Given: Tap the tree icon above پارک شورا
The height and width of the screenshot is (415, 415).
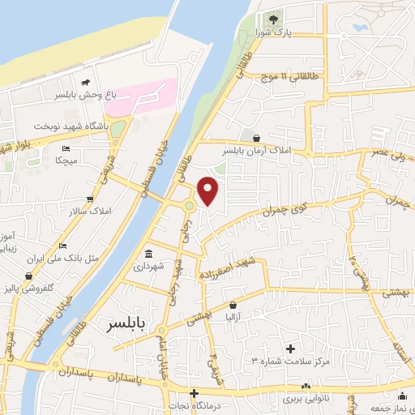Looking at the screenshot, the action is (x=273, y=18).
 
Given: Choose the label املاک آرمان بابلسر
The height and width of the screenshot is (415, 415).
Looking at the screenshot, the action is (x=255, y=151).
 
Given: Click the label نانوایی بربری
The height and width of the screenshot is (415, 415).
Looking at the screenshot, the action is (x=305, y=400).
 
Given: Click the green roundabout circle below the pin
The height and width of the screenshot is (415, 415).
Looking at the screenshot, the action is (x=189, y=205).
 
